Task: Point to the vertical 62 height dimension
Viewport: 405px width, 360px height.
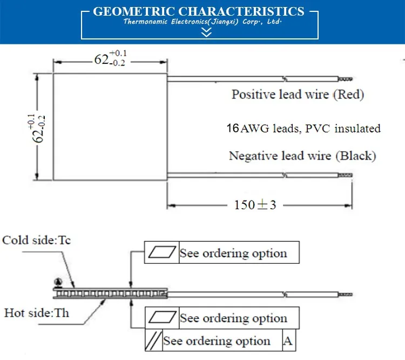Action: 41,128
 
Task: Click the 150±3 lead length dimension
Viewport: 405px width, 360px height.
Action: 255,205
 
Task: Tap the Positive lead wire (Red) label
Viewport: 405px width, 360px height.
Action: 298,95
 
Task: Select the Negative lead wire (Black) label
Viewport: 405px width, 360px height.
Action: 302,156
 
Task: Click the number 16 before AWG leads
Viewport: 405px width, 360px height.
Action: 233,129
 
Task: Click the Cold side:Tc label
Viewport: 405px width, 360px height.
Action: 37,241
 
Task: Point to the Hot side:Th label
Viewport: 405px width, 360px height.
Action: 37,312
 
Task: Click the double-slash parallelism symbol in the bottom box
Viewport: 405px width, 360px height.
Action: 153,341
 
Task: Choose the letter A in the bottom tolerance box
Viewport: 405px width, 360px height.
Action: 289,341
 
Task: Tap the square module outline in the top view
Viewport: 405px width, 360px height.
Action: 110,128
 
